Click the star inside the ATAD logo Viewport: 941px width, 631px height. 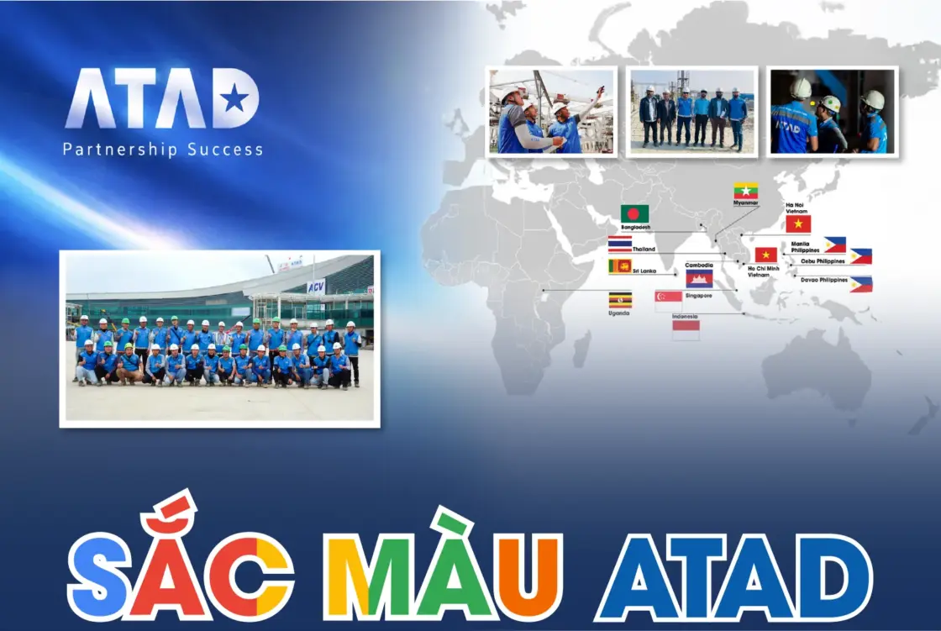tap(234, 100)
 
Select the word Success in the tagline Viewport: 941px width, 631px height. tap(224, 150)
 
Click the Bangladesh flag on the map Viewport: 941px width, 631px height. tap(634, 213)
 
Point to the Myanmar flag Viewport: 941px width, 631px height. tap(745, 191)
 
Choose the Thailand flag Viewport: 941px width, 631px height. tap(620, 244)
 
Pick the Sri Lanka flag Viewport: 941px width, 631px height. tap(620, 266)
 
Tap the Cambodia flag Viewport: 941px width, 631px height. tap(699, 278)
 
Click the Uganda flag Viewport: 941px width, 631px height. tap(620, 300)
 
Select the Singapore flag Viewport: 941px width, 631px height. tap(669, 301)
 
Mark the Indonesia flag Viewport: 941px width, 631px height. tap(686, 330)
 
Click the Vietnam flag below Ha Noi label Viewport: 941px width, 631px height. tap(798, 223)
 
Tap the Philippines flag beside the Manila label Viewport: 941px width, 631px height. tap(834, 245)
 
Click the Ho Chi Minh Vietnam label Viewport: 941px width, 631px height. tap(763, 271)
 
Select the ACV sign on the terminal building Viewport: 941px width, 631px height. tap(315, 287)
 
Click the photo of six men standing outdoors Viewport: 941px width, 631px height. tap(692, 112)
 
